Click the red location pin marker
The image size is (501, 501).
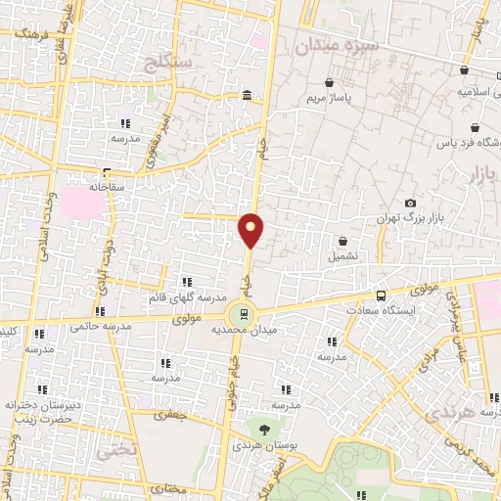251,229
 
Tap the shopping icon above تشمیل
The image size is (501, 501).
343,241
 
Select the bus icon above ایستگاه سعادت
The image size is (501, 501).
381,295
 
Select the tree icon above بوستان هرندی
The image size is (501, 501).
262,429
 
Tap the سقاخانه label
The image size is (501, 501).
109,185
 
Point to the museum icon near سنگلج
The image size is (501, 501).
246,96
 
